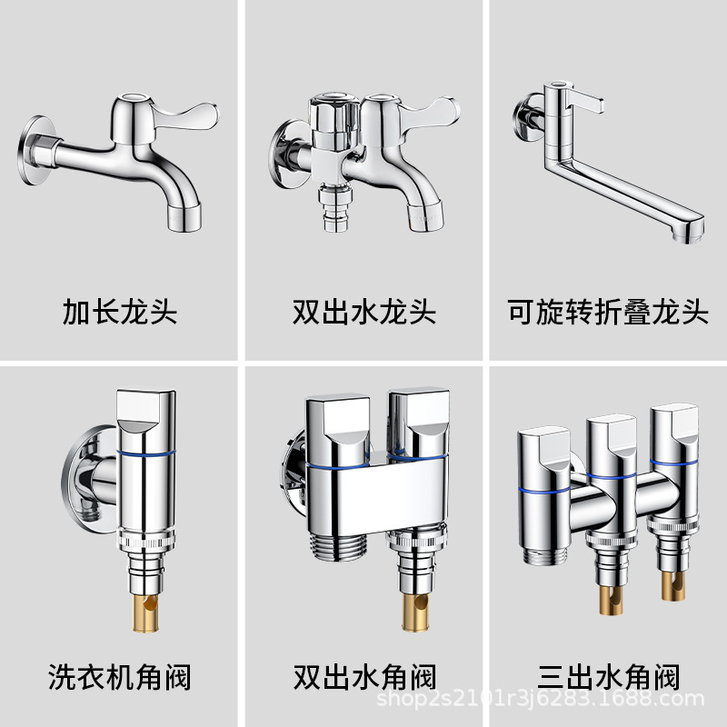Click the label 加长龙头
(120, 313)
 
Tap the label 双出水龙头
(363, 313)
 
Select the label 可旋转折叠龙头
(607, 313)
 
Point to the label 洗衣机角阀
(120, 677)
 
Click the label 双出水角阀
(363, 677)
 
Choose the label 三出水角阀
(607, 677)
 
